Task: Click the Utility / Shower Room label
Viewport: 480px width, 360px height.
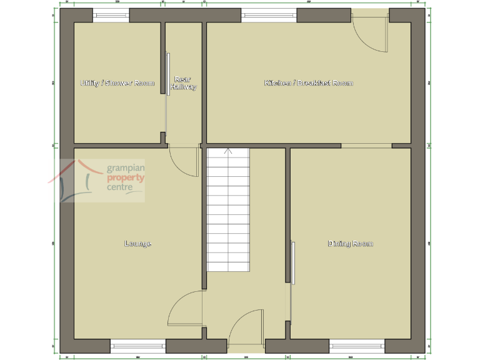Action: pos(117,83)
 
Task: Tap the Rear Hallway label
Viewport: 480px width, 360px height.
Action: pos(183,83)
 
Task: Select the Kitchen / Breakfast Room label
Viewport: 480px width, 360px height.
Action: pos(309,83)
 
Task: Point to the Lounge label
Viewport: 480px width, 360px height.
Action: pos(137,243)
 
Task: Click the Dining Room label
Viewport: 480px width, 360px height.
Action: pos(350,243)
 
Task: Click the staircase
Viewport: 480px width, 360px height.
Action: pos(228,209)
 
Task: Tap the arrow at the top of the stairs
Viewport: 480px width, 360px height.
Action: pos(228,151)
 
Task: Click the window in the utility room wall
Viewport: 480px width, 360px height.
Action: pos(111,15)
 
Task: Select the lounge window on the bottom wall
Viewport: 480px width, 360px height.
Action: pos(137,345)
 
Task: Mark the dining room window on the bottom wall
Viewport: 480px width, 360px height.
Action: pos(356,345)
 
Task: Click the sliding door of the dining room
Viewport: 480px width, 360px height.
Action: pos(292,262)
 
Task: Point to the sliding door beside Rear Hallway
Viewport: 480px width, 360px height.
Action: pos(169,74)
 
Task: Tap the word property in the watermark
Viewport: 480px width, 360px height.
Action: pos(126,178)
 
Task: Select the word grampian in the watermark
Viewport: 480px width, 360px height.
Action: pos(126,169)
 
